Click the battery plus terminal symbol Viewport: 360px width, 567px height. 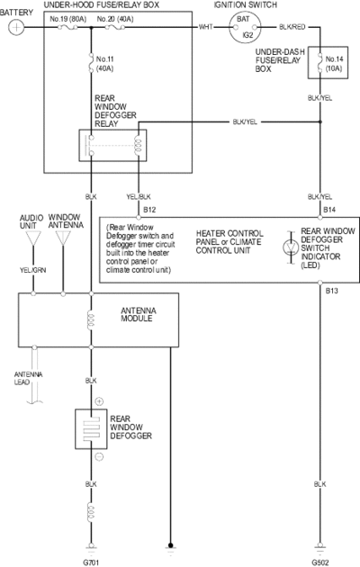16,27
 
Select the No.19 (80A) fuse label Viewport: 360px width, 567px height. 68,19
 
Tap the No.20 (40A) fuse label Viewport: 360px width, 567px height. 115,19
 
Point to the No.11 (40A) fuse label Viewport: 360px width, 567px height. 104,64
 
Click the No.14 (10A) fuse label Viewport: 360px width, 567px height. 334,64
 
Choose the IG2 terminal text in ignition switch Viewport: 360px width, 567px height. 247,35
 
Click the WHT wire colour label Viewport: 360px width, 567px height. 206,27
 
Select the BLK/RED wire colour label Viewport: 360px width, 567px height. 292,27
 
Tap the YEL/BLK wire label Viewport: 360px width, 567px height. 139,197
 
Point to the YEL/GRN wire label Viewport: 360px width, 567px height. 33,270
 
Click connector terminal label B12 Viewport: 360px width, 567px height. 149,210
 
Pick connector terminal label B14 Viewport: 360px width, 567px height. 329,210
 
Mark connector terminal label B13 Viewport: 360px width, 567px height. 331,291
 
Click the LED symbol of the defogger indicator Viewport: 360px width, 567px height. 291,247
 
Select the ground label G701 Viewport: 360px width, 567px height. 91,562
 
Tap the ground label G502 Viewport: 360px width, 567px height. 319,562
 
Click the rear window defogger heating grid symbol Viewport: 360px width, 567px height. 91,429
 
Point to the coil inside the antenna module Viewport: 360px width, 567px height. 91,320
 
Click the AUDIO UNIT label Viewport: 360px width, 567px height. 31,221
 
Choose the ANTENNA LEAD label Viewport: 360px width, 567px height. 28,378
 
